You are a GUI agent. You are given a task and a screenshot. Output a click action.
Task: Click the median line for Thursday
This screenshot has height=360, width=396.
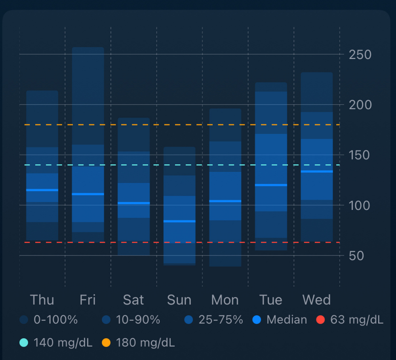coord(42,190)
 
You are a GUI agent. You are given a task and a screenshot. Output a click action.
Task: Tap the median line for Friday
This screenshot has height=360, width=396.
coord(88,194)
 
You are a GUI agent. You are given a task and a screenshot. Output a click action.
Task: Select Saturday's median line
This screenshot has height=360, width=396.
coord(133,203)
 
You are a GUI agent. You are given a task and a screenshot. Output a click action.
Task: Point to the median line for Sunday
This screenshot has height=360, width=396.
coord(179,221)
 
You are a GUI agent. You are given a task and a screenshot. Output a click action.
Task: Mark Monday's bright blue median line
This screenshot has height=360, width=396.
coord(225,201)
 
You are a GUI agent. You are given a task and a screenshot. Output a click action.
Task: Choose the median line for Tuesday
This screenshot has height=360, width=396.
coord(271,185)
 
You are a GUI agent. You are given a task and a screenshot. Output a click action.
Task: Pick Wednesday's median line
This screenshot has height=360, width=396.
coord(316,171)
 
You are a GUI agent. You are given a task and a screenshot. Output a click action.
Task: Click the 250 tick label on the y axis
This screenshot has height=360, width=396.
coord(360,55)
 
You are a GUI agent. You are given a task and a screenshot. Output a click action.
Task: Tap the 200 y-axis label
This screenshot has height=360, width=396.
coord(360,105)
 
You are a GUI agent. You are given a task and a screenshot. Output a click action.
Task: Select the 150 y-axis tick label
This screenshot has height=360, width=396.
coord(360,155)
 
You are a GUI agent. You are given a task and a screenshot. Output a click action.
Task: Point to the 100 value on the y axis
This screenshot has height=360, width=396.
coord(360,206)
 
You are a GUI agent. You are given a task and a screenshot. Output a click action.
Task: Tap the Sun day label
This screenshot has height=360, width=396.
coord(179,300)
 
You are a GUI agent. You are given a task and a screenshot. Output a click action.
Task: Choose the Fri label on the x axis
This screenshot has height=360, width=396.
coord(88,300)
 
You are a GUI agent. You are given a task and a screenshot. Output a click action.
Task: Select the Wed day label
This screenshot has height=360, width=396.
coord(316,300)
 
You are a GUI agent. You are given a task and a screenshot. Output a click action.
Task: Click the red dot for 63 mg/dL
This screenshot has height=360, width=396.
coord(321,320)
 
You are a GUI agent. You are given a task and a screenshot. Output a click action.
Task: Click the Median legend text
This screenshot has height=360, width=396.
coord(287,320)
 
